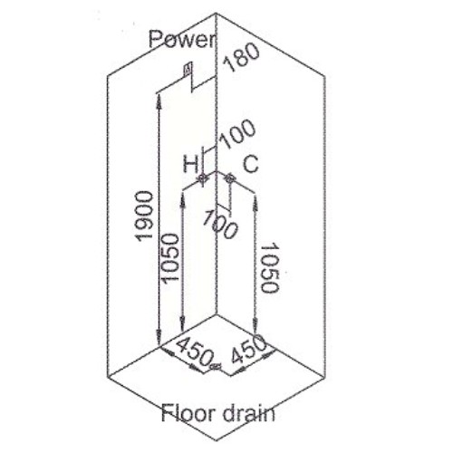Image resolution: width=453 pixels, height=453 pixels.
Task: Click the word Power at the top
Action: tap(181, 40)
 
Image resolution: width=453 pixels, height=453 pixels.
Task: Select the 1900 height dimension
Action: tap(144, 216)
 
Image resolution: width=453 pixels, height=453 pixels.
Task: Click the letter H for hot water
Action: tap(190, 165)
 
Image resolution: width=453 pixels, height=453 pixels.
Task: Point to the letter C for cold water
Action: tap(251, 164)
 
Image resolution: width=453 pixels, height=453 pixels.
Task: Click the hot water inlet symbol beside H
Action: tap(203, 178)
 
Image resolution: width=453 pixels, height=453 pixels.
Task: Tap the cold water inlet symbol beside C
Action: tap(230, 178)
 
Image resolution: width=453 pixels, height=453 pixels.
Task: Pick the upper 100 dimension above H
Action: tap(237, 134)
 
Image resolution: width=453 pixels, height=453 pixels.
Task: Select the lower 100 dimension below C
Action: tap(220, 225)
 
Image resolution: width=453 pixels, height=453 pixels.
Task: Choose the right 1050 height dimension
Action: tap(269, 267)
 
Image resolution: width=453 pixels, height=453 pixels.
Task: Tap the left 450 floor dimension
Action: tap(193, 351)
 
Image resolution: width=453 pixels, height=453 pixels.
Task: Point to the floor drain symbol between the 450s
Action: tap(216, 366)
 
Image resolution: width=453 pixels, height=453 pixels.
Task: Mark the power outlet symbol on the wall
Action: tap(188, 70)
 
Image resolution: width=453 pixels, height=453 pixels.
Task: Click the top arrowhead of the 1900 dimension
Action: tap(159, 98)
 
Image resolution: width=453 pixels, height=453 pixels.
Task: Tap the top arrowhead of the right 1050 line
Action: tap(255, 201)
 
